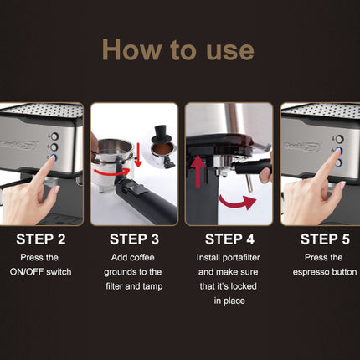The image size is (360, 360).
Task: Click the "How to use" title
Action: pyautogui.click(x=178, y=49)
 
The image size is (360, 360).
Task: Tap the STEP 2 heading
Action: pyautogui.click(x=41, y=239)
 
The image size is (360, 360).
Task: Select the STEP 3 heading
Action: pyautogui.click(x=134, y=239)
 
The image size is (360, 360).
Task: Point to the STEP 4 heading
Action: pyautogui.click(x=229, y=239)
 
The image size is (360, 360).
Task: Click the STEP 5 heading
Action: pyautogui.click(x=325, y=239)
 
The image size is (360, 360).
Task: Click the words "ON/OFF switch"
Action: pyautogui.click(x=40, y=272)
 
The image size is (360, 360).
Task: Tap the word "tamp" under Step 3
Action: pyautogui.click(x=152, y=286)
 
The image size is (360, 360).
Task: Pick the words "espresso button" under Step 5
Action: pyautogui.click(x=325, y=272)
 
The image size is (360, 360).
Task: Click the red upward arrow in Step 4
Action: pyautogui.click(x=198, y=171)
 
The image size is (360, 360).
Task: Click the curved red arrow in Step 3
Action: pyautogui.click(x=112, y=172)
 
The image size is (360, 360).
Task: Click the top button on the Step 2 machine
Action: pyautogui.click(x=54, y=136)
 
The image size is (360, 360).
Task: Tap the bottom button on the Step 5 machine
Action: pyautogui.click(x=339, y=162)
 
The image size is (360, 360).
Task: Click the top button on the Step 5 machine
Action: pyautogui.click(x=339, y=139)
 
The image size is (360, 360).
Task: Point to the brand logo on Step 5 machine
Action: pyautogui.click(x=303, y=146)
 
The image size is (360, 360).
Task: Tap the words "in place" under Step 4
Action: pyautogui.click(x=229, y=301)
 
